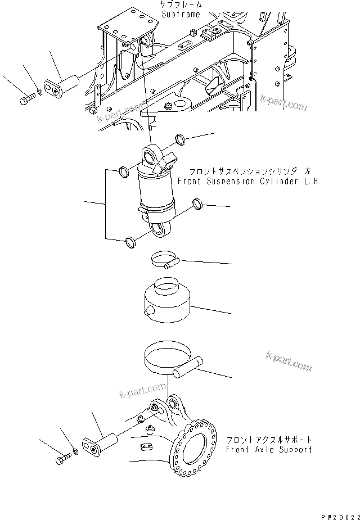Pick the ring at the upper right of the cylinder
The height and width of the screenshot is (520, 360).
pos(180,138)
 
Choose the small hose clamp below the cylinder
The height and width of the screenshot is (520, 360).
pos(164,259)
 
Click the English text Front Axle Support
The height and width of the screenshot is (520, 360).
pos(268,449)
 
